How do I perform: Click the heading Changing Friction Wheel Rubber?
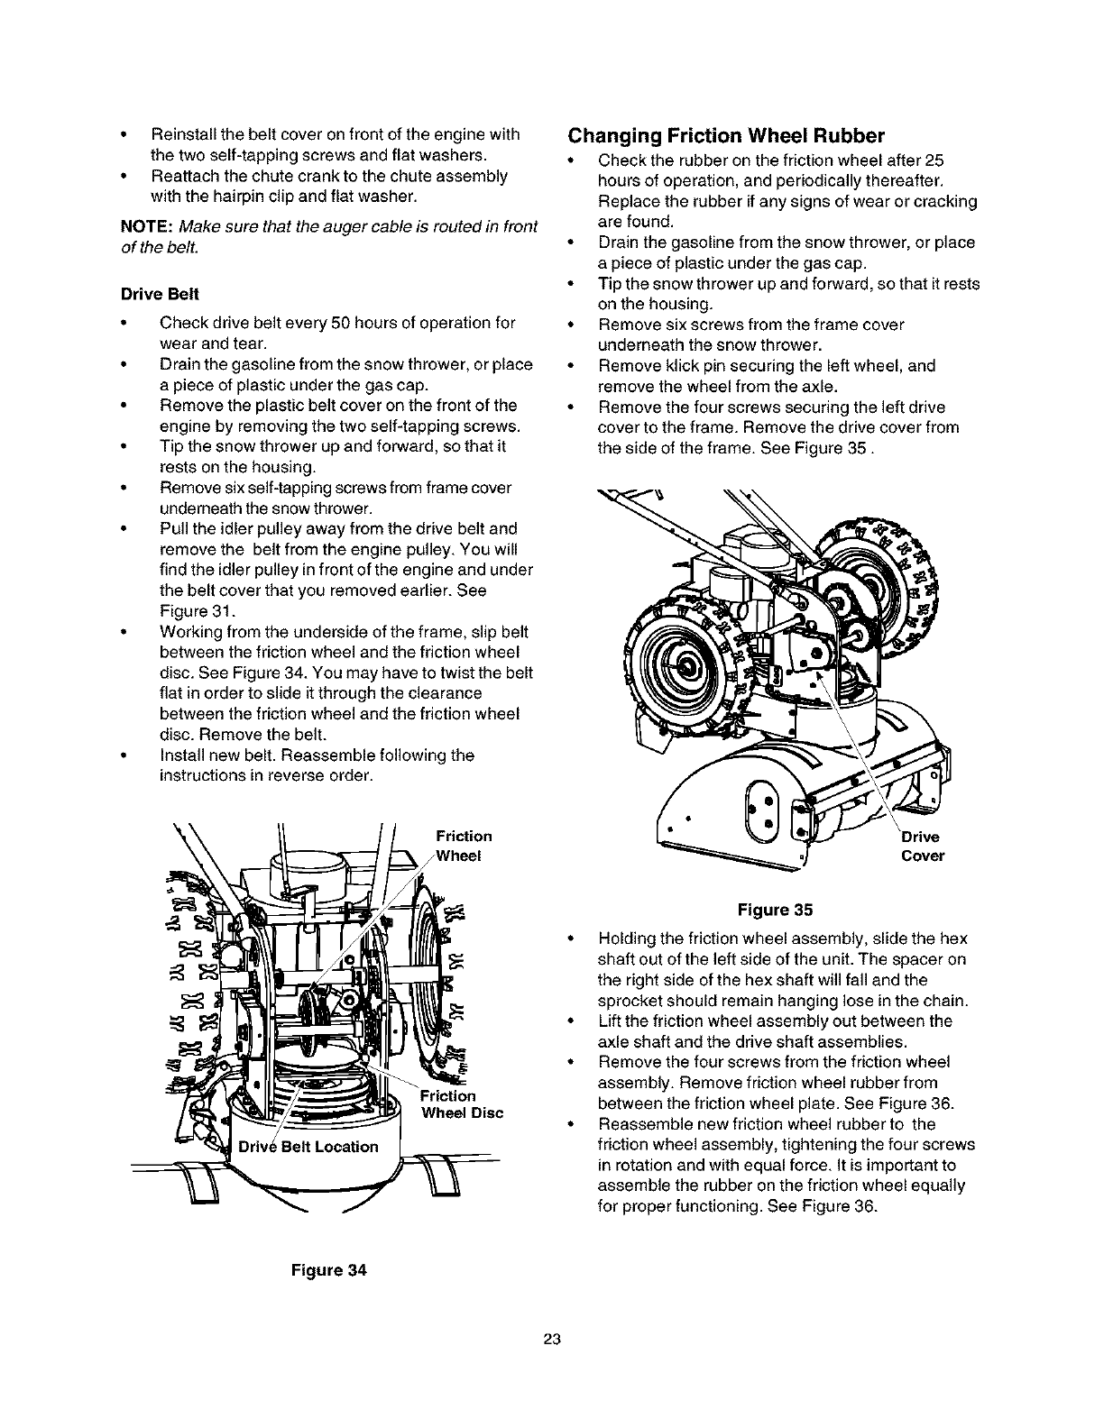click(x=726, y=136)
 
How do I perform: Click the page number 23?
click(x=552, y=1341)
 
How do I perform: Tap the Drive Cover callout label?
click(x=922, y=847)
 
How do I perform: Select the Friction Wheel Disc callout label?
click(x=463, y=1103)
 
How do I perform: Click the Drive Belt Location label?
click(x=308, y=1147)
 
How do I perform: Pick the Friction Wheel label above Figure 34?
click(x=464, y=846)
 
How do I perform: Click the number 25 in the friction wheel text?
click(x=934, y=160)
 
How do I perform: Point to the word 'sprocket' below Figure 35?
click(x=626, y=1001)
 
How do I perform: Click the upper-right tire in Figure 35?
click(x=888, y=577)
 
